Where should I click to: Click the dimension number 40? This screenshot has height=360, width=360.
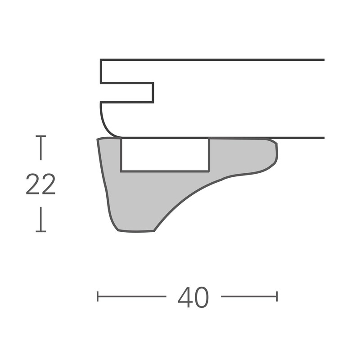pyautogui.click(x=193, y=297)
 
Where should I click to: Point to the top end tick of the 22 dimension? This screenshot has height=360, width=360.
pyautogui.click(x=41, y=136)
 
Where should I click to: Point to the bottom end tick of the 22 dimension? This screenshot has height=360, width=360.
pyautogui.click(x=41, y=231)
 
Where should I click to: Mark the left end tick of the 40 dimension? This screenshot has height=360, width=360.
pyautogui.click(x=98, y=296)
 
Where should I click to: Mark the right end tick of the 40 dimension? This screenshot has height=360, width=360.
pyautogui.click(x=277, y=296)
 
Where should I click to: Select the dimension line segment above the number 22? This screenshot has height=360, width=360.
pyautogui.click(x=41, y=148)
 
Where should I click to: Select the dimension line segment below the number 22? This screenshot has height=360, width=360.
pyautogui.click(x=41, y=219)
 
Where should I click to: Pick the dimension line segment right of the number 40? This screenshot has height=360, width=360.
pyautogui.click(x=249, y=296)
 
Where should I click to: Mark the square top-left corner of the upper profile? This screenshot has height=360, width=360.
pyautogui.click(x=101, y=60)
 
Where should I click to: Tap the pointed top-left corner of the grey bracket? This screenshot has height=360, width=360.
pyautogui.click(x=98, y=139)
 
